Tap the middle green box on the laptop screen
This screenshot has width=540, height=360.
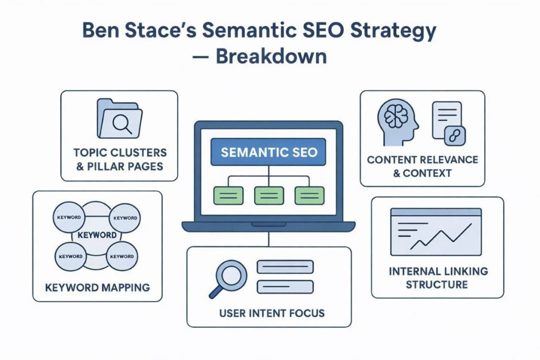[269, 195]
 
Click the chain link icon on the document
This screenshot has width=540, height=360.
[454, 135]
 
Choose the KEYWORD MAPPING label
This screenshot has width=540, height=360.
[97, 287]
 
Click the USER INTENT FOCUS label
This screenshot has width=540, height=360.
[269, 313]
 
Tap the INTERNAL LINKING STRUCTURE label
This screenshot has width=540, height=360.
[438, 278]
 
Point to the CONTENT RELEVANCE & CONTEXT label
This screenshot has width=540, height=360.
[422, 166]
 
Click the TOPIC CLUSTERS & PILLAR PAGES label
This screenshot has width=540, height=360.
[119, 159]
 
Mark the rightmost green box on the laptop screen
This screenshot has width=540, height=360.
[309, 195]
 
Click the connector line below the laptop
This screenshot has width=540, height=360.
[269, 238]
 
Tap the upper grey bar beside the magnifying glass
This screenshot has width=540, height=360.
[285, 267]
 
